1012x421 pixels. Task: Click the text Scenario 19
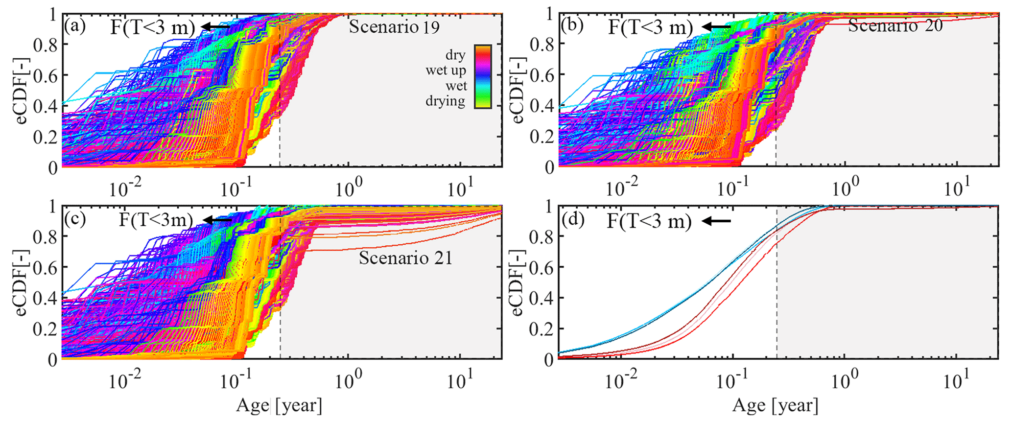click(x=394, y=27)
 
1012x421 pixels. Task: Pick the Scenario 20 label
click(x=895, y=26)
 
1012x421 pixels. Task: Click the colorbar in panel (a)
click(x=482, y=76)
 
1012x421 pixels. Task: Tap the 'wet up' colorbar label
click(x=446, y=70)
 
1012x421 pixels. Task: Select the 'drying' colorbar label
click(x=445, y=101)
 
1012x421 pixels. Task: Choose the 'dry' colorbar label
click(x=455, y=55)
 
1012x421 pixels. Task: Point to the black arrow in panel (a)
click(x=216, y=27)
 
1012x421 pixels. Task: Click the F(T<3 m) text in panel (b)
click(x=650, y=27)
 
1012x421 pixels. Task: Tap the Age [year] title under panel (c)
click(x=279, y=406)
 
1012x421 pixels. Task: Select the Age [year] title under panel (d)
click(x=775, y=406)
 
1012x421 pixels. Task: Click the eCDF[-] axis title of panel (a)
click(x=22, y=91)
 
